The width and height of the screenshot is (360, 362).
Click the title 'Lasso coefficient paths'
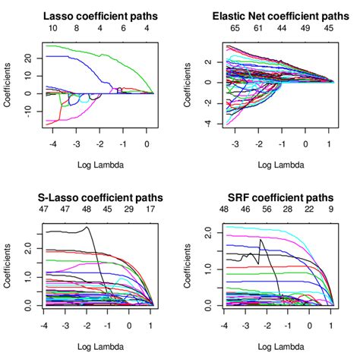pyautogui.click(x=99, y=15)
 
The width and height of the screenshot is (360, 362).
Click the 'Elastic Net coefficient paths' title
pyautogui.click(x=279, y=15)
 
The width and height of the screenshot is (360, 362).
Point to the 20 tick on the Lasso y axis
pyautogui.click(x=27, y=58)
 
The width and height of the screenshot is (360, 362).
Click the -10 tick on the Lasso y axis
pyautogui.click(x=27, y=111)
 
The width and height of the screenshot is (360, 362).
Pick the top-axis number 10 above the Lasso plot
pyautogui.click(x=52, y=28)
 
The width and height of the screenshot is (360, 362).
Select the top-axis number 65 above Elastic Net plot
pyautogui.click(x=235, y=28)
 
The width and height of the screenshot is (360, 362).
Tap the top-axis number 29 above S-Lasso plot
pyautogui.click(x=128, y=208)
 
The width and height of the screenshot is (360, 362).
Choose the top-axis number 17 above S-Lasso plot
pyautogui.click(x=150, y=208)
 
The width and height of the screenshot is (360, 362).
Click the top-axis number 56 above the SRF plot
pyautogui.click(x=266, y=208)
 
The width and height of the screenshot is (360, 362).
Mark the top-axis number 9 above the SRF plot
pyautogui.click(x=331, y=208)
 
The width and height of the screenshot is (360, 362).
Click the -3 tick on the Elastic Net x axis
pyautogui.click(x=235, y=143)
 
